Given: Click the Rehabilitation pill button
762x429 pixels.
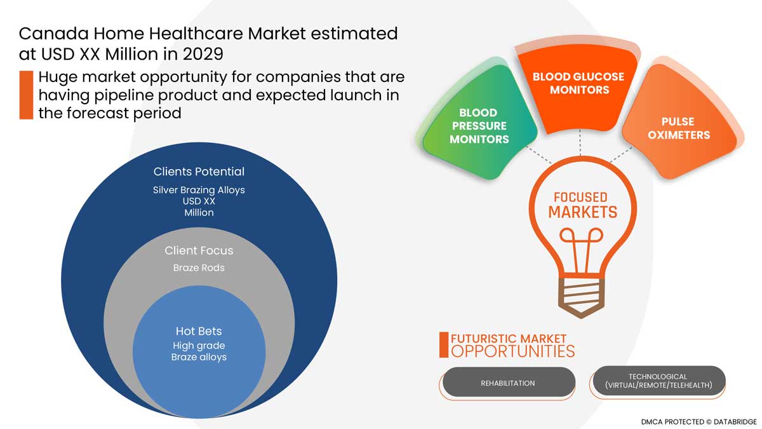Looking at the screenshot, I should coord(508,383).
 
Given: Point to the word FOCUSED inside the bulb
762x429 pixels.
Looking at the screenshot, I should coord(580,197).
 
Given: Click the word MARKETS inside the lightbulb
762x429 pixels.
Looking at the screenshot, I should coord(582,212).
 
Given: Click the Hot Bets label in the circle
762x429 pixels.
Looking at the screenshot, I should coord(199,331).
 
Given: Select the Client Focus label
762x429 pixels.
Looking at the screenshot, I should coord(199,250).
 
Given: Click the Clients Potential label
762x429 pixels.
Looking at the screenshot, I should coord(199,172).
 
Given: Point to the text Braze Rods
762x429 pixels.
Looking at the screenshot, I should coord(199,268).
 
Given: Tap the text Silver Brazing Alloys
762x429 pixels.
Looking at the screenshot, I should coord(199,189).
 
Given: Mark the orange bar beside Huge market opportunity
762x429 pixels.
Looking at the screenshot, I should coord(26,95).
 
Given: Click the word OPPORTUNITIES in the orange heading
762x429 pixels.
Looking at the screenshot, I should coord(512,351).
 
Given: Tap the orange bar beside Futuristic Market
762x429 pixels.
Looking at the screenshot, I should coord(443,344).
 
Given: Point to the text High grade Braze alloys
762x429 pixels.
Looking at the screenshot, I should coord(199,351).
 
